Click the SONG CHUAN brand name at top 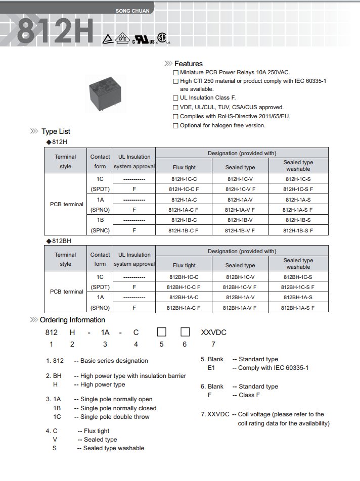point(130,11)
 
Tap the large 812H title point(56,31)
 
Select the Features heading point(188,64)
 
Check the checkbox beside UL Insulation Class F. point(175,98)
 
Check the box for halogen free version point(175,125)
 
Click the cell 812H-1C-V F point(240,189)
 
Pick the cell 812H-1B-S point(298,220)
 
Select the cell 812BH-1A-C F point(184,307)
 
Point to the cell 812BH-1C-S point(298,277)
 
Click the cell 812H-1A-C point(184,200)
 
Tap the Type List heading point(56,131)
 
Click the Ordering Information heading point(72,320)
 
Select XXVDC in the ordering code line point(214,332)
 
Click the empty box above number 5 point(162,332)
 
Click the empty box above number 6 point(185,332)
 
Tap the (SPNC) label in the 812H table point(100,230)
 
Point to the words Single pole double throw point(115,417)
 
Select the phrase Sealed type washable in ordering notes point(114,448)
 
